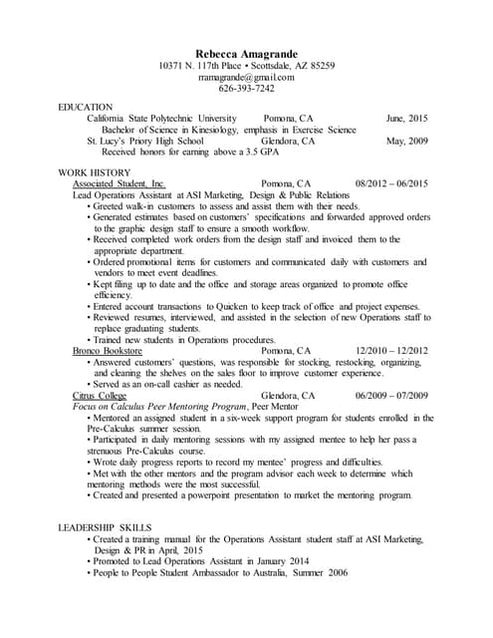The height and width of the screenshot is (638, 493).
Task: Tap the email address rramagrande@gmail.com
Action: [246, 77]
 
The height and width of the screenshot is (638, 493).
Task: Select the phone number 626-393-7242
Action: [246, 89]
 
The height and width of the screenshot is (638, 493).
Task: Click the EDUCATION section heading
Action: [86, 107]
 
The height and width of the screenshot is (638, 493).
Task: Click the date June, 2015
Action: [406, 118]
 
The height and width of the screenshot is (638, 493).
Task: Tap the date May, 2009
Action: [406, 142]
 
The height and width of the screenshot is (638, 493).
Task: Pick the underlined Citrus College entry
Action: [99, 396]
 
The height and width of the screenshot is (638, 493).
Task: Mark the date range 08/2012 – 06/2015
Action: [390, 184]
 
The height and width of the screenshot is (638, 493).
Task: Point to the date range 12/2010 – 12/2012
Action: [390, 352]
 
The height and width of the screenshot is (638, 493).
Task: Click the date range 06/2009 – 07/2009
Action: [390, 396]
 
